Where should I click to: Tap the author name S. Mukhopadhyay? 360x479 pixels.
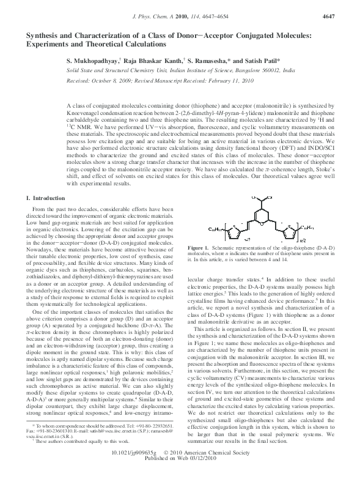94,62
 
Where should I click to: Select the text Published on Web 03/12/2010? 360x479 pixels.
180,473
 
